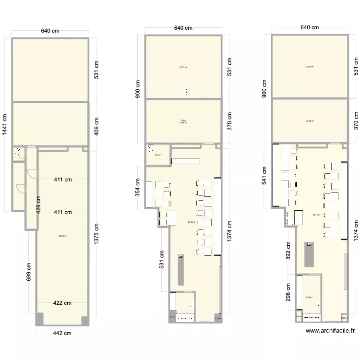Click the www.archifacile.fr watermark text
click(330, 331)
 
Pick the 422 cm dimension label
click(62, 303)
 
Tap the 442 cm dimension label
click(62, 333)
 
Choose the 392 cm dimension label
click(287, 248)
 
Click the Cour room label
click(183, 121)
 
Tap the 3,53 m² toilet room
click(157, 155)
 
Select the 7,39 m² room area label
click(309, 298)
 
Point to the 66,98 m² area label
click(62, 236)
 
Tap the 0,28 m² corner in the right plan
click(344, 318)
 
